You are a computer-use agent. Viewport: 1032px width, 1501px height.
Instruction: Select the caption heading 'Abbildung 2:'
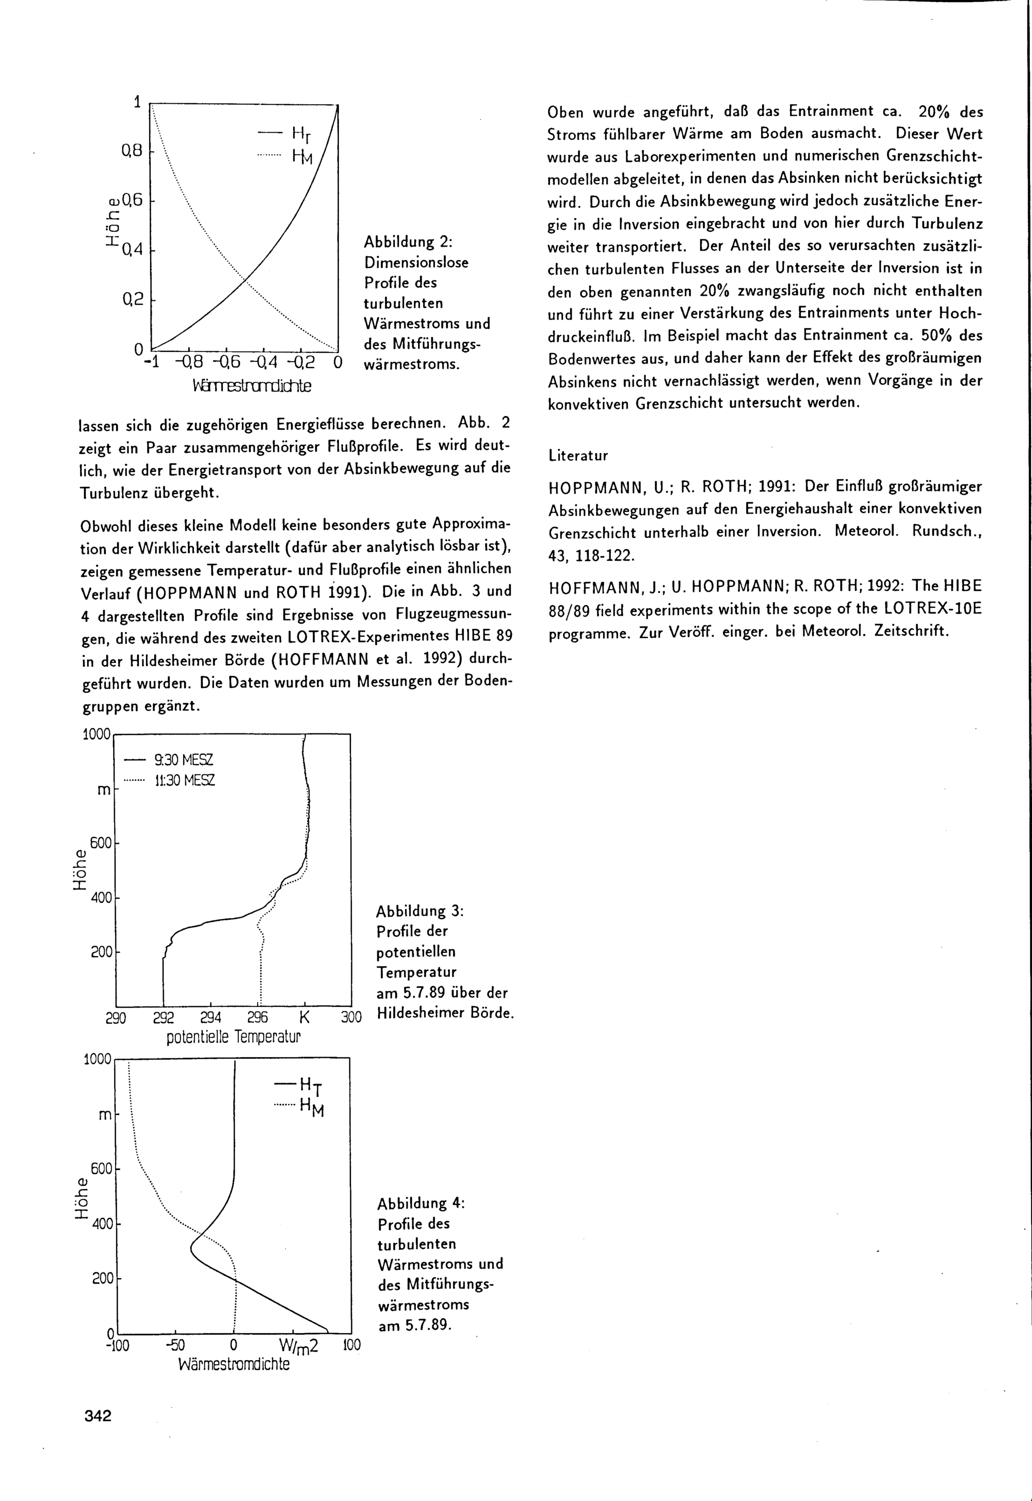(408, 242)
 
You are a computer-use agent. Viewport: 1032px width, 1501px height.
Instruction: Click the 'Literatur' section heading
(578, 455)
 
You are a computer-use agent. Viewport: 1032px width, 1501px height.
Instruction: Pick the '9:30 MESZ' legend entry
(184, 760)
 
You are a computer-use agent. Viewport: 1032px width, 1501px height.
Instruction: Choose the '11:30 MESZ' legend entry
(185, 780)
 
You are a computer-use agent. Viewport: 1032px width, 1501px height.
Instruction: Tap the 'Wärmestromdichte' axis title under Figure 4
(234, 1365)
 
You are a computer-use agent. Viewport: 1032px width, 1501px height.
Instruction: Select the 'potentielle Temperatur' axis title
(234, 1037)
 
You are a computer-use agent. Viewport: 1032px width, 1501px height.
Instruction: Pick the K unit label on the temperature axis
(305, 1018)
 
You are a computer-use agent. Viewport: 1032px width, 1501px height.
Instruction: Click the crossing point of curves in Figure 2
(245, 279)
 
